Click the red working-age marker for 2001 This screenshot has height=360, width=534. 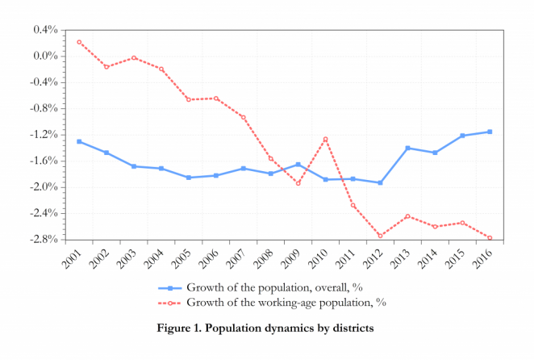[79, 42]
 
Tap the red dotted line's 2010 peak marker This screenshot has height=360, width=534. [325, 139]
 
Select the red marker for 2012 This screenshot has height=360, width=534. [380, 236]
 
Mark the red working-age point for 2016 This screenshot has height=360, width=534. [490, 238]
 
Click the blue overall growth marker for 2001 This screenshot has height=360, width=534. [79, 141]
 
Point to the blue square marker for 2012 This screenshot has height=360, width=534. [380, 183]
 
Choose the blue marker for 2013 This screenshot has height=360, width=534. [407, 148]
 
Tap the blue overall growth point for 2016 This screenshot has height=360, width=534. [490, 132]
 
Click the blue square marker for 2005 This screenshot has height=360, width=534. [188, 178]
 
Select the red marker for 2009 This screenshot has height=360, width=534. [298, 183]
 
